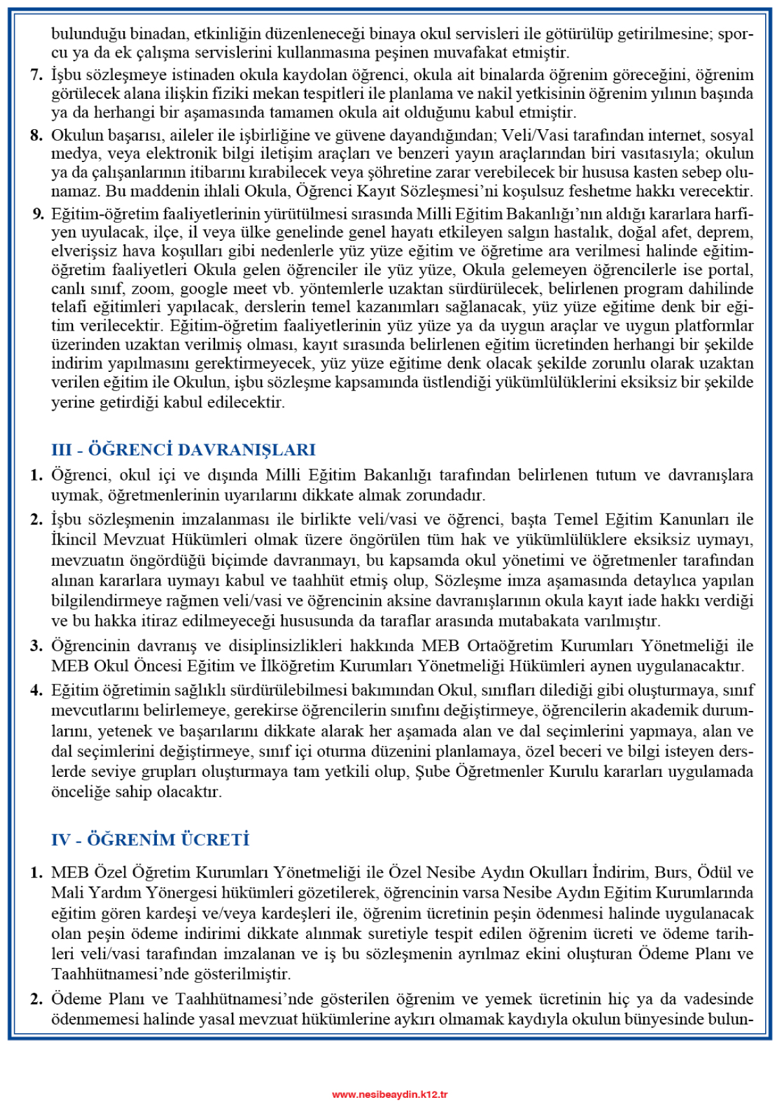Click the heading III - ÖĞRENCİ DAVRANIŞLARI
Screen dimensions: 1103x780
183,449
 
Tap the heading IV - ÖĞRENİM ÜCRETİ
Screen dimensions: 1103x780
150,840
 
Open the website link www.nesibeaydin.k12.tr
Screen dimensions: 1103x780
389,1094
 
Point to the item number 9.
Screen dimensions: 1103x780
37,214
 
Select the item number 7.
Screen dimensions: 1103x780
37,75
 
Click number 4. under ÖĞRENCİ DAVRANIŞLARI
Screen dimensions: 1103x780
37,690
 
